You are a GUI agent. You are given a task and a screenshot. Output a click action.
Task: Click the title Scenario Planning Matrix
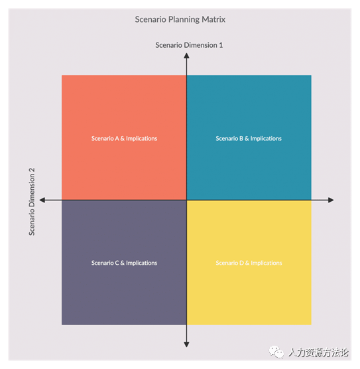tap(180, 19)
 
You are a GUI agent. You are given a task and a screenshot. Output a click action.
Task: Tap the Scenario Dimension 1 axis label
tap(189, 45)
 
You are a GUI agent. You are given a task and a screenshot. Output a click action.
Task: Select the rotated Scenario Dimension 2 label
tap(32, 202)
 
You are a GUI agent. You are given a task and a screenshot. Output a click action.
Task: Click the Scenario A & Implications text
tap(124, 138)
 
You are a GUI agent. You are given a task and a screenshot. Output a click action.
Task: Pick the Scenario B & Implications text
tap(249, 138)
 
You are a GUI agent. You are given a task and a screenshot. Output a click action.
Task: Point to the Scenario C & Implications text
tap(124, 263)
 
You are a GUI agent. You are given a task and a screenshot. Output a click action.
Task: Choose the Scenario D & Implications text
tap(249, 263)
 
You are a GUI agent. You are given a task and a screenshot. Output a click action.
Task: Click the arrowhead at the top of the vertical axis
tap(187, 56)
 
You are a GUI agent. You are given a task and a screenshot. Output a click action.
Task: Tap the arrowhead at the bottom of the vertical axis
tap(187, 344)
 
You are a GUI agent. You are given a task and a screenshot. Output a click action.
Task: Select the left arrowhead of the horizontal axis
tap(42, 200)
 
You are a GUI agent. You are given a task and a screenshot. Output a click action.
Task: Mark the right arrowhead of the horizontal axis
tap(331, 200)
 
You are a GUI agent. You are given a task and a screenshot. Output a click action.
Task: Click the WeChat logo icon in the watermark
tap(276, 352)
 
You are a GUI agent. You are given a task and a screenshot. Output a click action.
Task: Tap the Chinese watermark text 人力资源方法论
tap(318, 352)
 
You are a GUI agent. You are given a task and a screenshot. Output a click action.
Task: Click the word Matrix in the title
tap(213, 19)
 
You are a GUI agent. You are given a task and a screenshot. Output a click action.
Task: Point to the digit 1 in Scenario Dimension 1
tap(221, 45)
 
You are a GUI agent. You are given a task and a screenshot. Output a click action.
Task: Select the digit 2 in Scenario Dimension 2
tap(32, 170)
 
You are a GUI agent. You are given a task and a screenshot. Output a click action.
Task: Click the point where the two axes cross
tap(187, 200)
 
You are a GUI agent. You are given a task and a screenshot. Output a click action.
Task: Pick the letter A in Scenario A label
tap(117, 138)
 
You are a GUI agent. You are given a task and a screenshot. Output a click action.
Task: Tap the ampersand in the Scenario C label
tap(122, 263)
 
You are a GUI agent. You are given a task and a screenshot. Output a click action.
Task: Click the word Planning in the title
tap(184, 20)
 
